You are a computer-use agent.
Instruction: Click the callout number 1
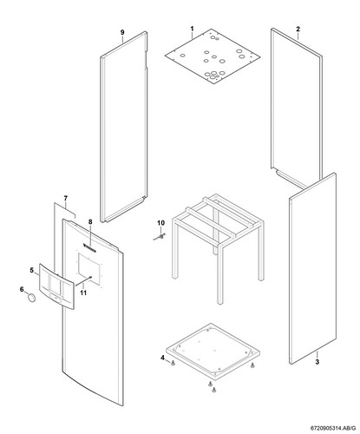tap(193, 30)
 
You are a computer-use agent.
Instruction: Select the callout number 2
tap(298, 29)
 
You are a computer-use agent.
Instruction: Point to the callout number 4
tap(161, 357)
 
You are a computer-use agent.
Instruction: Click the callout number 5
tap(33, 271)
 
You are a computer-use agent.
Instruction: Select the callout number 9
tap(122, 32)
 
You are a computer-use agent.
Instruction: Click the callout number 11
tap(84, 292)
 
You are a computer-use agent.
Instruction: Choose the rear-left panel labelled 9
tap(125, 130)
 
